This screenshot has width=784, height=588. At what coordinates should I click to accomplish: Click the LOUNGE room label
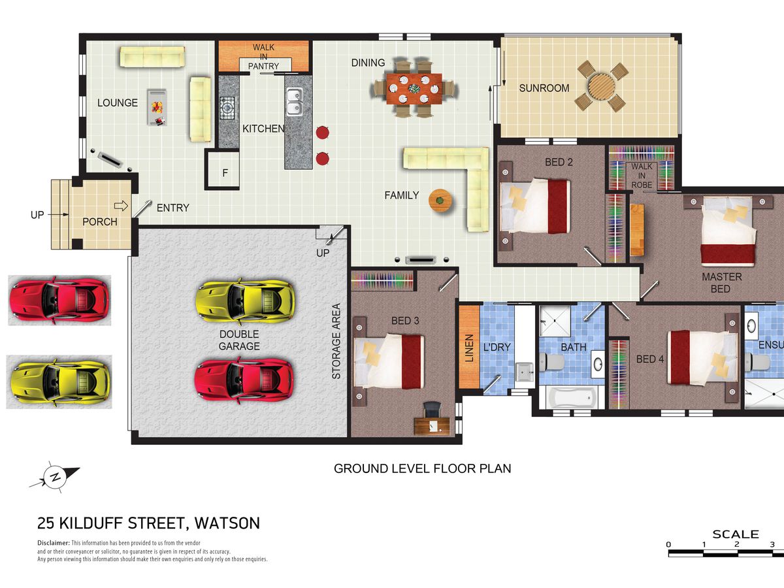coord(118,103)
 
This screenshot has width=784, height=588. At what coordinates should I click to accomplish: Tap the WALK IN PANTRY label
coord(263,57)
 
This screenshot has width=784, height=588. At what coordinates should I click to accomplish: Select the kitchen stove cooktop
coord(227,107)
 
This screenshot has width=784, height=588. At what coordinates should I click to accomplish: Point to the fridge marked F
coord(224,171)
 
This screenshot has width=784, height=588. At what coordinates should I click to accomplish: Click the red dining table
coord(414,89)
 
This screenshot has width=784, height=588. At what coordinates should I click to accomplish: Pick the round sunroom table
coord(602,87)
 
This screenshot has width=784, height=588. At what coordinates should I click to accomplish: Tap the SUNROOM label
coord(544,88)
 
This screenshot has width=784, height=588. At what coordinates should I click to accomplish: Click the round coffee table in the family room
coord(440,201)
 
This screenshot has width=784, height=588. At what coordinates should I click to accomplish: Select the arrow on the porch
coord(121,206)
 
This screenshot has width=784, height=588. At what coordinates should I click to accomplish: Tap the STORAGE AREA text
coord(336,341)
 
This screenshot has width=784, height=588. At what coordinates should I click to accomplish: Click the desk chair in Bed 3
coord(432,409)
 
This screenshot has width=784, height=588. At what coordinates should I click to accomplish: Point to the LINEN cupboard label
coord(469,348)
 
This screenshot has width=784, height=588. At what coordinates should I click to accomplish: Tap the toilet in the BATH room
coord(551,362)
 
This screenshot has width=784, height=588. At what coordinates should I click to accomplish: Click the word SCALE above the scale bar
coord(736,534)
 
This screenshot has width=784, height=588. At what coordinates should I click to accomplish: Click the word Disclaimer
coord(54,543)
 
